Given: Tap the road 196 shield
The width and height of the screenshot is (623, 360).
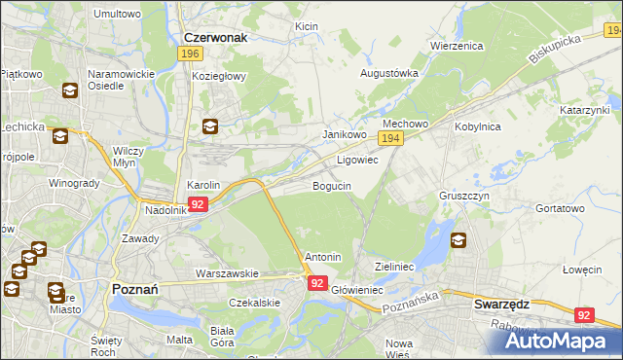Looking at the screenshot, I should tap(191, 54).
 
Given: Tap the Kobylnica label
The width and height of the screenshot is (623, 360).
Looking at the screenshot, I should tap(477, 126).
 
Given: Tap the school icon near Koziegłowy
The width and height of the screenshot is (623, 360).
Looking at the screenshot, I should tap(210, 126).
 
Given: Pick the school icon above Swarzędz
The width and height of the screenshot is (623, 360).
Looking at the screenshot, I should tap(458, 240).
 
